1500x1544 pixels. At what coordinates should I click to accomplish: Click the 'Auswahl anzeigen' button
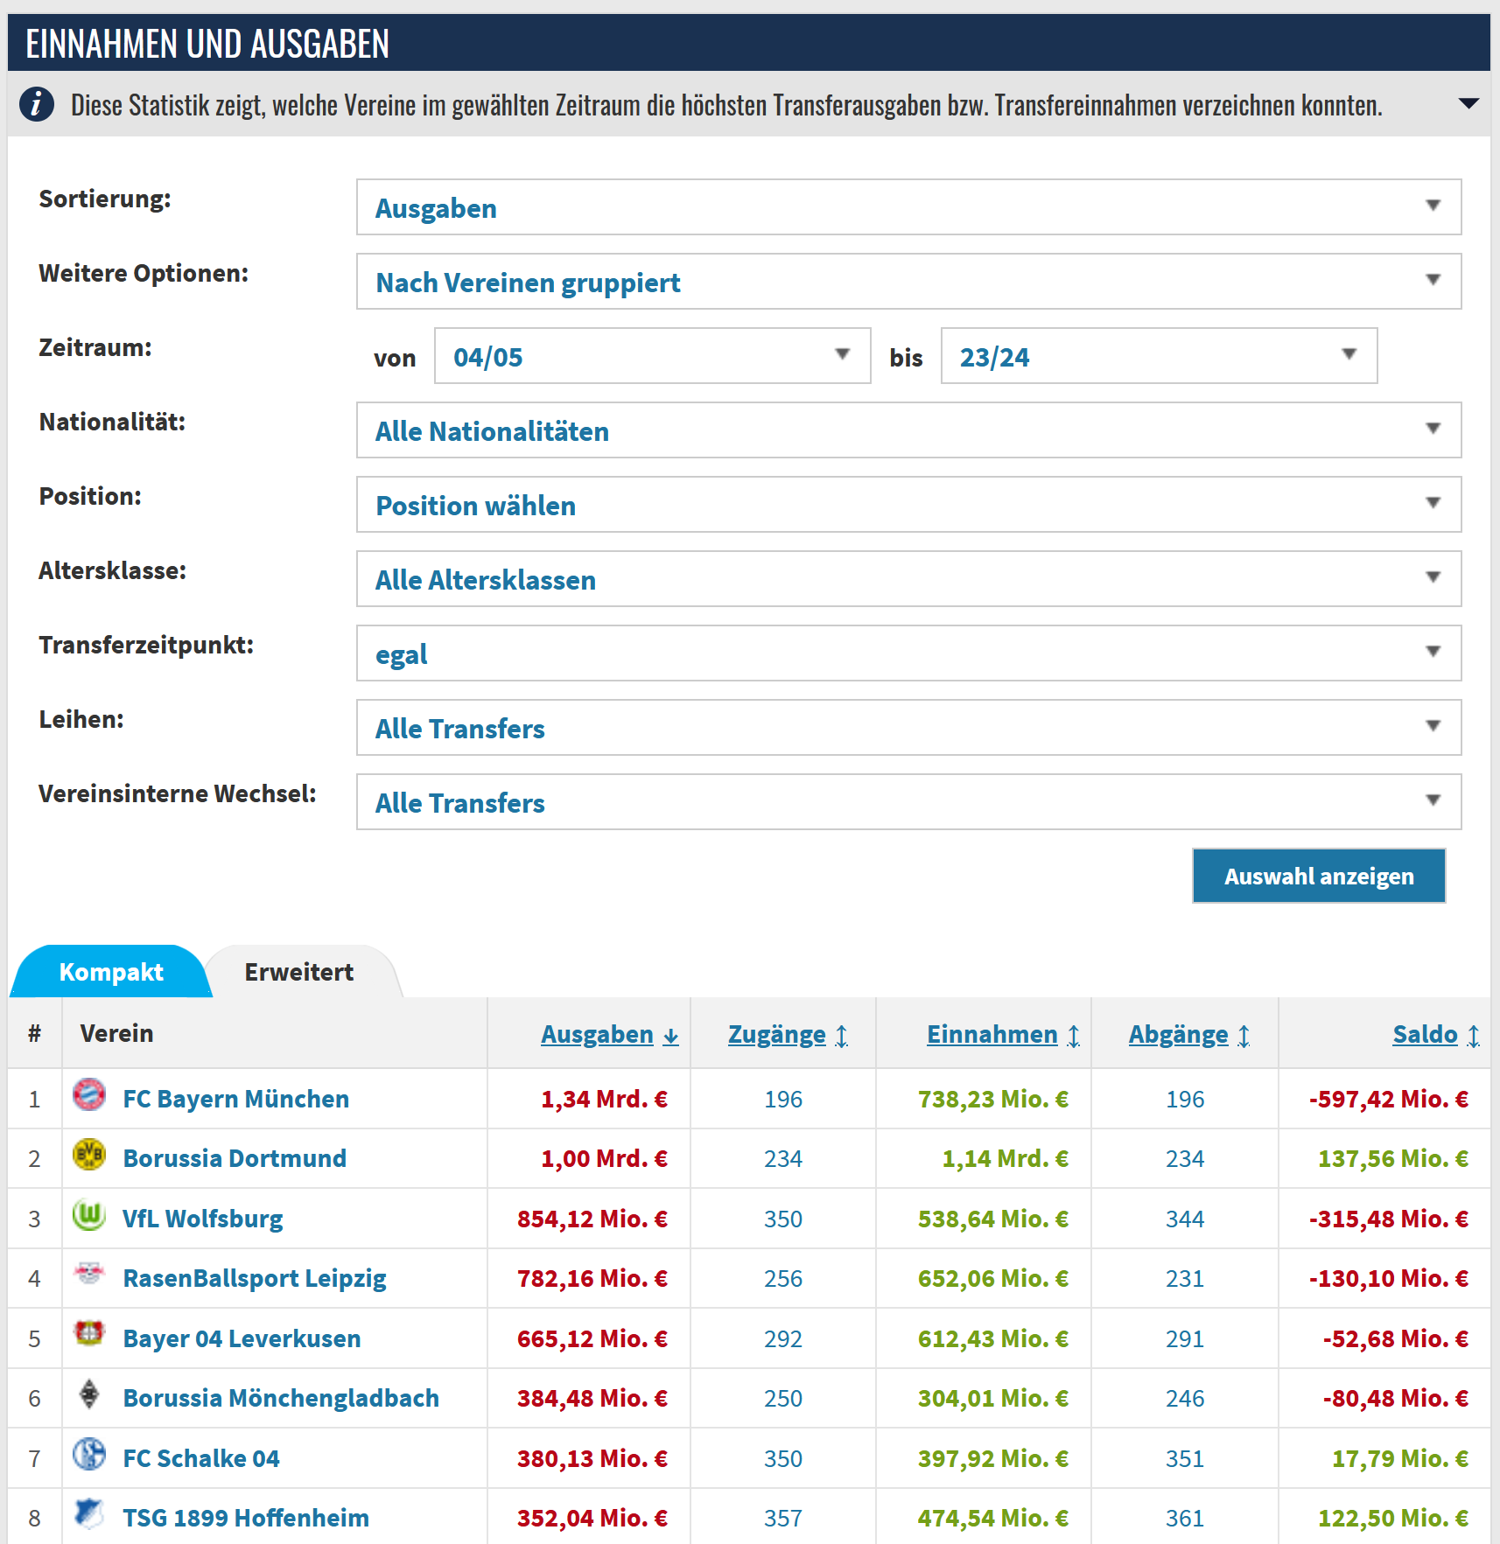point(1319,876)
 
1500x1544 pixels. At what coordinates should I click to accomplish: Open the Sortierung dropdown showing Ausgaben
point(908,207)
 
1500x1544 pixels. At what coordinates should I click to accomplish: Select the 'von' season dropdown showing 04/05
point(653,356)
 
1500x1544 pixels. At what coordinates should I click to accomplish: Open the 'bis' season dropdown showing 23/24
point(1159,356)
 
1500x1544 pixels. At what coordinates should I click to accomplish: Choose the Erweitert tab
point(299,972)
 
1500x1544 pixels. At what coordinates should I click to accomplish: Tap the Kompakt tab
point(111,972)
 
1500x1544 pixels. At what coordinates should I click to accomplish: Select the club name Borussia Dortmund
point(235,1158)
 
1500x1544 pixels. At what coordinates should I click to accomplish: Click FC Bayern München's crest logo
point(89,1094)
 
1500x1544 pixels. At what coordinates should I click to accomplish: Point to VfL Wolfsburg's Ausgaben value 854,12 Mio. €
point(592,1219)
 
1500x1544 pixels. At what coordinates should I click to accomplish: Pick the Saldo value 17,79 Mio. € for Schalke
point(1400,1458)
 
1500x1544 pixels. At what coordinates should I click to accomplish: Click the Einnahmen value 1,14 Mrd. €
point(1005,1158)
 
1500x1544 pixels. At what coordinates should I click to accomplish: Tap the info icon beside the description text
point(37,104)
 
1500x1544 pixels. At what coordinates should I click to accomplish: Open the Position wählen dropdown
point(908,505)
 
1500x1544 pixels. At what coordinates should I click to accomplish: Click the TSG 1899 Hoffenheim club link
point(246,1518)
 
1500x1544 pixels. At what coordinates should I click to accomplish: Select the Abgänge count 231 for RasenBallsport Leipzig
point(1185,1279)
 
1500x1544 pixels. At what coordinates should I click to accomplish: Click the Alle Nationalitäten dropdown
point(908,430)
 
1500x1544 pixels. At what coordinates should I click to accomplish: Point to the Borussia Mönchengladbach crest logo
point(89,1394)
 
